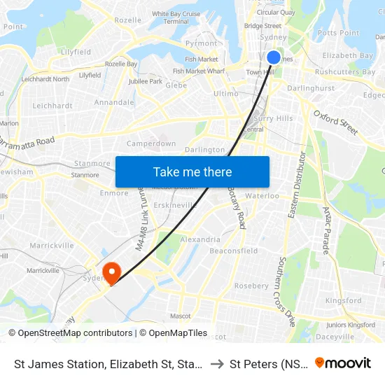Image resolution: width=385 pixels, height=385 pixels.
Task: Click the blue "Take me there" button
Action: point(192,172)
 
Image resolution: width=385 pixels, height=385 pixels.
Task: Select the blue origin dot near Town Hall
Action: point(274,57)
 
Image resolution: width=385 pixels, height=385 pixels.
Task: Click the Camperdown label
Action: point(151,143)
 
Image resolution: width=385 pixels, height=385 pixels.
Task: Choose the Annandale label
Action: point(113,102)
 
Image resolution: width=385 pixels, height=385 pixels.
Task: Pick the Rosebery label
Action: point(251,286)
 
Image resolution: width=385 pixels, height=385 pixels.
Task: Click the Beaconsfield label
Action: point(234,251)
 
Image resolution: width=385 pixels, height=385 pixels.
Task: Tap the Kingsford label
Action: point(344,301)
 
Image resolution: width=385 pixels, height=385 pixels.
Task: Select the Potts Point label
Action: point(338,33)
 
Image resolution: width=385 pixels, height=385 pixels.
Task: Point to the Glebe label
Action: point(176,85)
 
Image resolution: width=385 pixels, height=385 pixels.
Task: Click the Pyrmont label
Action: point(201,43)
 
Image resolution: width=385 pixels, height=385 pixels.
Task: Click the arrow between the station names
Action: point(217,363)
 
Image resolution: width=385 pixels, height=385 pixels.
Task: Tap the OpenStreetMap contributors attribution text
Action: point(70,333)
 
